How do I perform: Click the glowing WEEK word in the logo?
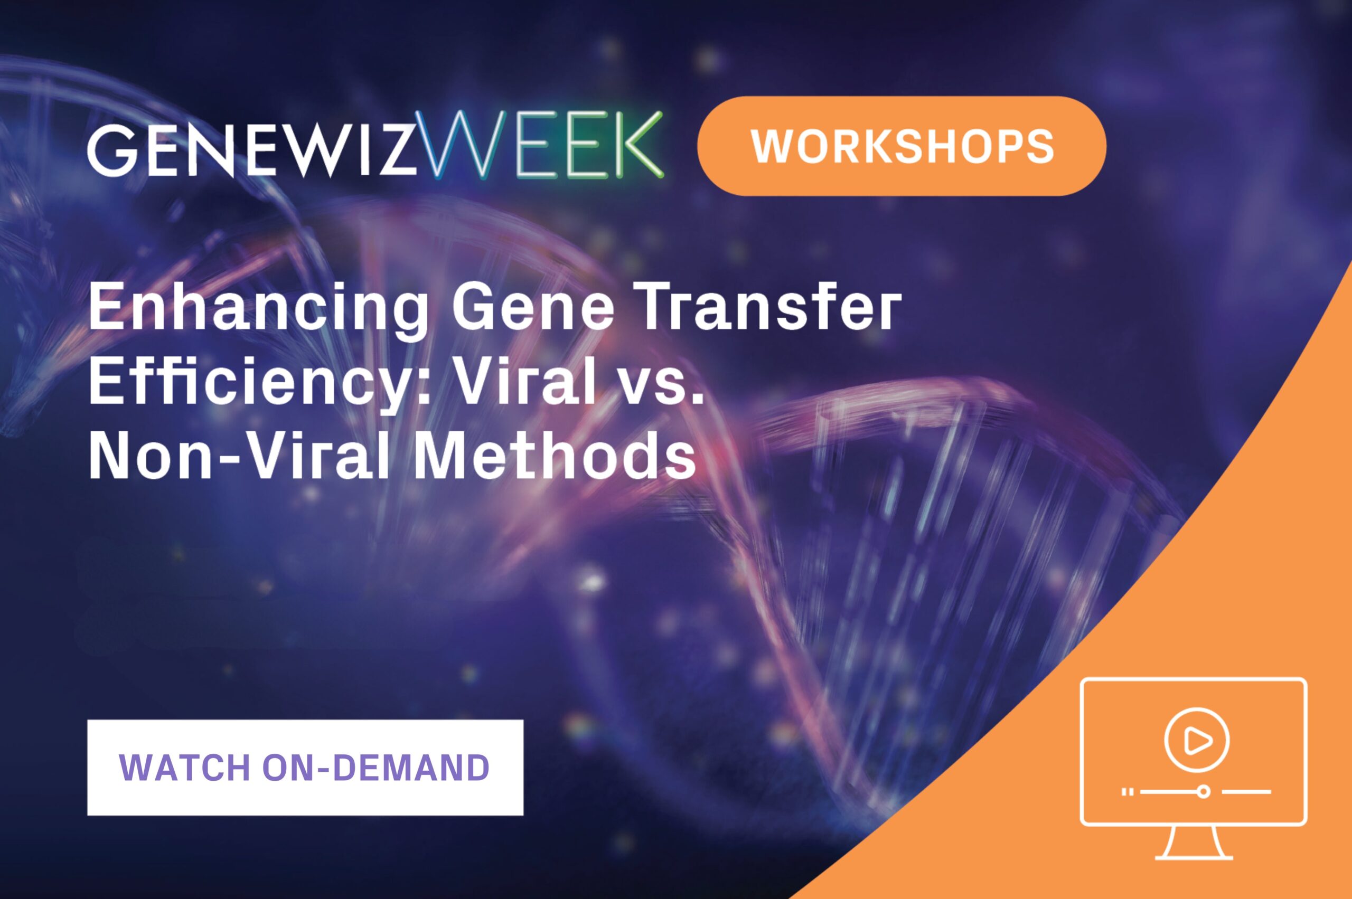(540, 145)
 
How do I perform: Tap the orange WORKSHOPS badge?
(902, 146)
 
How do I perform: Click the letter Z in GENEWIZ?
(398, 148)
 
